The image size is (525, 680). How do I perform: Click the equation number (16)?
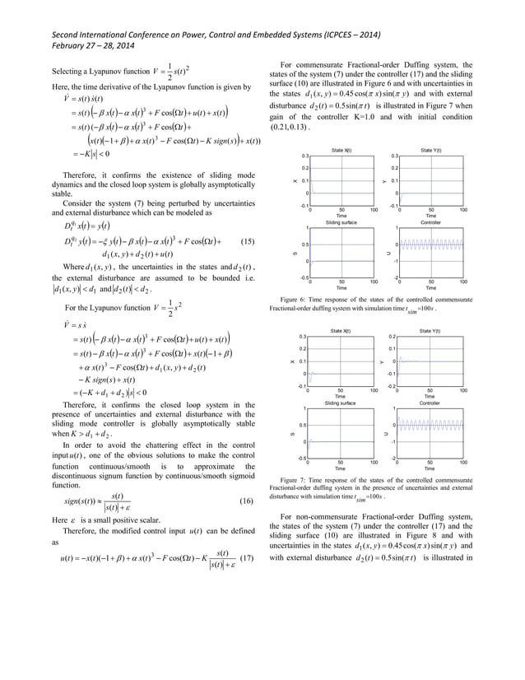244,501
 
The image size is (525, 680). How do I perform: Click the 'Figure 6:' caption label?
296,300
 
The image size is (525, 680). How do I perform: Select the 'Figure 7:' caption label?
296,478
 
